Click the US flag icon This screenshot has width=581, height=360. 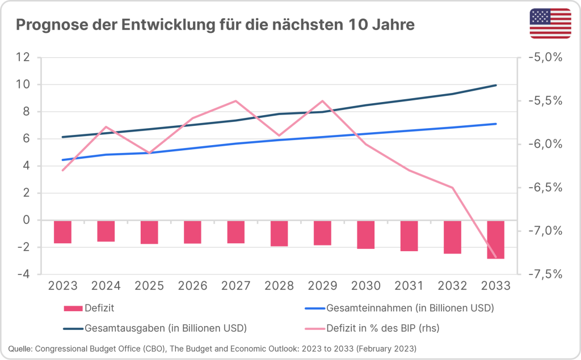coord(550,24)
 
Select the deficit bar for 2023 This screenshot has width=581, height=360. coord(62,232)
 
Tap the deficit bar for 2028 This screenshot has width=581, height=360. coord(279,233)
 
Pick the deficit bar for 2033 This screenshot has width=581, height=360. coord(496,239)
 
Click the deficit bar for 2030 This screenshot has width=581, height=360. coord(366,234)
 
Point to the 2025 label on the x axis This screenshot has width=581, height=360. coord(149,285)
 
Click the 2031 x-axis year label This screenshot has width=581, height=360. coord(409,285)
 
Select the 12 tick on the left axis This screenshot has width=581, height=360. coord(23,57)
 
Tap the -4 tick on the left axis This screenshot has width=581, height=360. coord(23,274)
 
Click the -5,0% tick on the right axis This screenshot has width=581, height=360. coord(545,57)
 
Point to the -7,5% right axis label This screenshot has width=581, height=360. coord(545,274)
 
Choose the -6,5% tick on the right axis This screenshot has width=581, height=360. coord(545,188)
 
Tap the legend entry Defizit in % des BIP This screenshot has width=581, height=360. coord(382,328)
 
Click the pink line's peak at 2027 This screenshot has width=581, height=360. coord(235,101)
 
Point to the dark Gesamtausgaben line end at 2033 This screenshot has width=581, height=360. coord(496,85)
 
